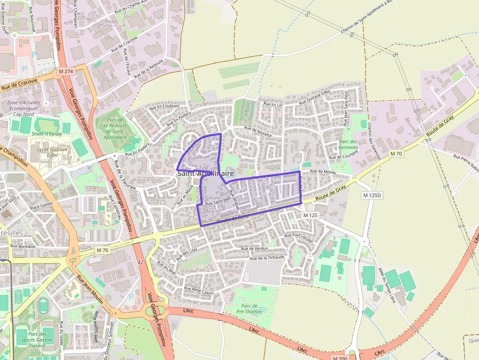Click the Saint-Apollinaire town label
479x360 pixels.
pyautogui.click(x=205, y=173)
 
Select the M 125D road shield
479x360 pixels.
pyautogui.click(x=372, y=195)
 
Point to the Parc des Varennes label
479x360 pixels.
pyautogui.click(x=348, y=144)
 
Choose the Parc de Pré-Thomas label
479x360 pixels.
pyautogui.click(x=249, y=309)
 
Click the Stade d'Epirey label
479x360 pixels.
pyautogui.click(x=47, y=133)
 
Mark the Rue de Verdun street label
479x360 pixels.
pyautogui.click(x=255, y=249)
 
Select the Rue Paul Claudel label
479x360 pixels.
pyautogui.click(x=298, y=236)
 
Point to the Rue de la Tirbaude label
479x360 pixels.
pyautogui.click(x=267, y=257)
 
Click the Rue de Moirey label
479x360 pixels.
pyautogui.click(x=324, y=171)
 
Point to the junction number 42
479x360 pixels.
pyautogui.click(x=141, y=262)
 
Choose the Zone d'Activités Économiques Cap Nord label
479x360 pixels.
pyautogui.click(x=24, y=108)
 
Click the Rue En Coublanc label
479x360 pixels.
pyautogui.click(x=165, y=106)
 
